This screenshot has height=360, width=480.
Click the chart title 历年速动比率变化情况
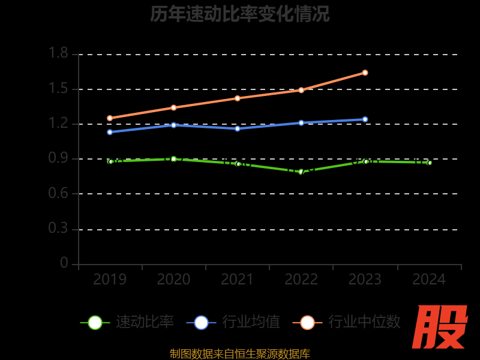[x=240, y=14]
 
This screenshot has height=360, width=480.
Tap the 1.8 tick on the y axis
[x=58, y=54]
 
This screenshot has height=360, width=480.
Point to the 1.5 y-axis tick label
[x=58, y=89]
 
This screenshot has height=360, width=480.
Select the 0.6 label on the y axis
[x=58, y=194]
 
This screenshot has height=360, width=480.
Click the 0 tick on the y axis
[x=64, y=263]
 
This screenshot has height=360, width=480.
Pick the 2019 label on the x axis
[x=110, y=280]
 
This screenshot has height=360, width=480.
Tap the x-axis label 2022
[x=301, y=280]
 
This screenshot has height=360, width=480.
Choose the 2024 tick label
[x=429, y=280]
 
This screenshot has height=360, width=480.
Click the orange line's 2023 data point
[x=365, y=73]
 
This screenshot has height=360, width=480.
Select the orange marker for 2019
[x=110, y=118]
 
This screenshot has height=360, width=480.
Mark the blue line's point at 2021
[x=238, y=128]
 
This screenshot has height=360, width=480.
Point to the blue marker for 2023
[x=365, y=119]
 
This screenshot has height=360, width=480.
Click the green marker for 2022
[x=301, y=172]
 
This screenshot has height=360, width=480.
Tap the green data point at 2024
[x=429, y=163]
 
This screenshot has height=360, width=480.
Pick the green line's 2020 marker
[x=173, y=159]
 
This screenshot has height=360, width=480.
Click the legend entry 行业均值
[x=233, y=322]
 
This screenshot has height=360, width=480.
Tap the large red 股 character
[x=440, y=327]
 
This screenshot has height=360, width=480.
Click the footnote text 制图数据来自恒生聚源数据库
[x=240, y=354]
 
